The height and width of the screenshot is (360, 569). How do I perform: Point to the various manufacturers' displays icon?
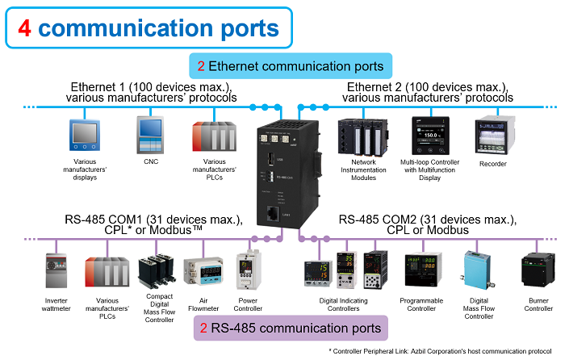85,137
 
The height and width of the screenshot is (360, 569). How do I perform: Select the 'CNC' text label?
151,161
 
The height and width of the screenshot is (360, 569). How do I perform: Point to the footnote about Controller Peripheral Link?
440,351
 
